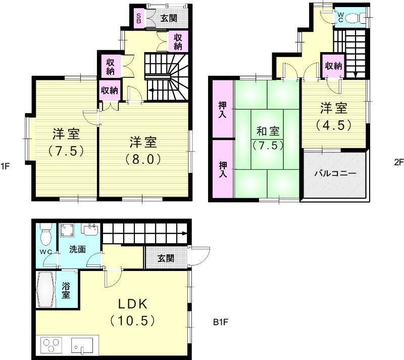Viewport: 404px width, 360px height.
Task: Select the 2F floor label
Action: (399, 162)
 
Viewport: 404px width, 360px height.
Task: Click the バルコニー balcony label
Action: (335, 173)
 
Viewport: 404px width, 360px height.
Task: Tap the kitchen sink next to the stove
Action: (81, 347)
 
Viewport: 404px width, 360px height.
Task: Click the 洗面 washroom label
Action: (77, 249)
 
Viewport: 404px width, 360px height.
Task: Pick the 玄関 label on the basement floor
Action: (166, 258)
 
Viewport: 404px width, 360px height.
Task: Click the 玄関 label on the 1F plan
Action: (169, 19)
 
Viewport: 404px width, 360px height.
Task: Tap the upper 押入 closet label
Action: (222, 110)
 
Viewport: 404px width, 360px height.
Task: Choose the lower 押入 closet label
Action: (222, 168)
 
